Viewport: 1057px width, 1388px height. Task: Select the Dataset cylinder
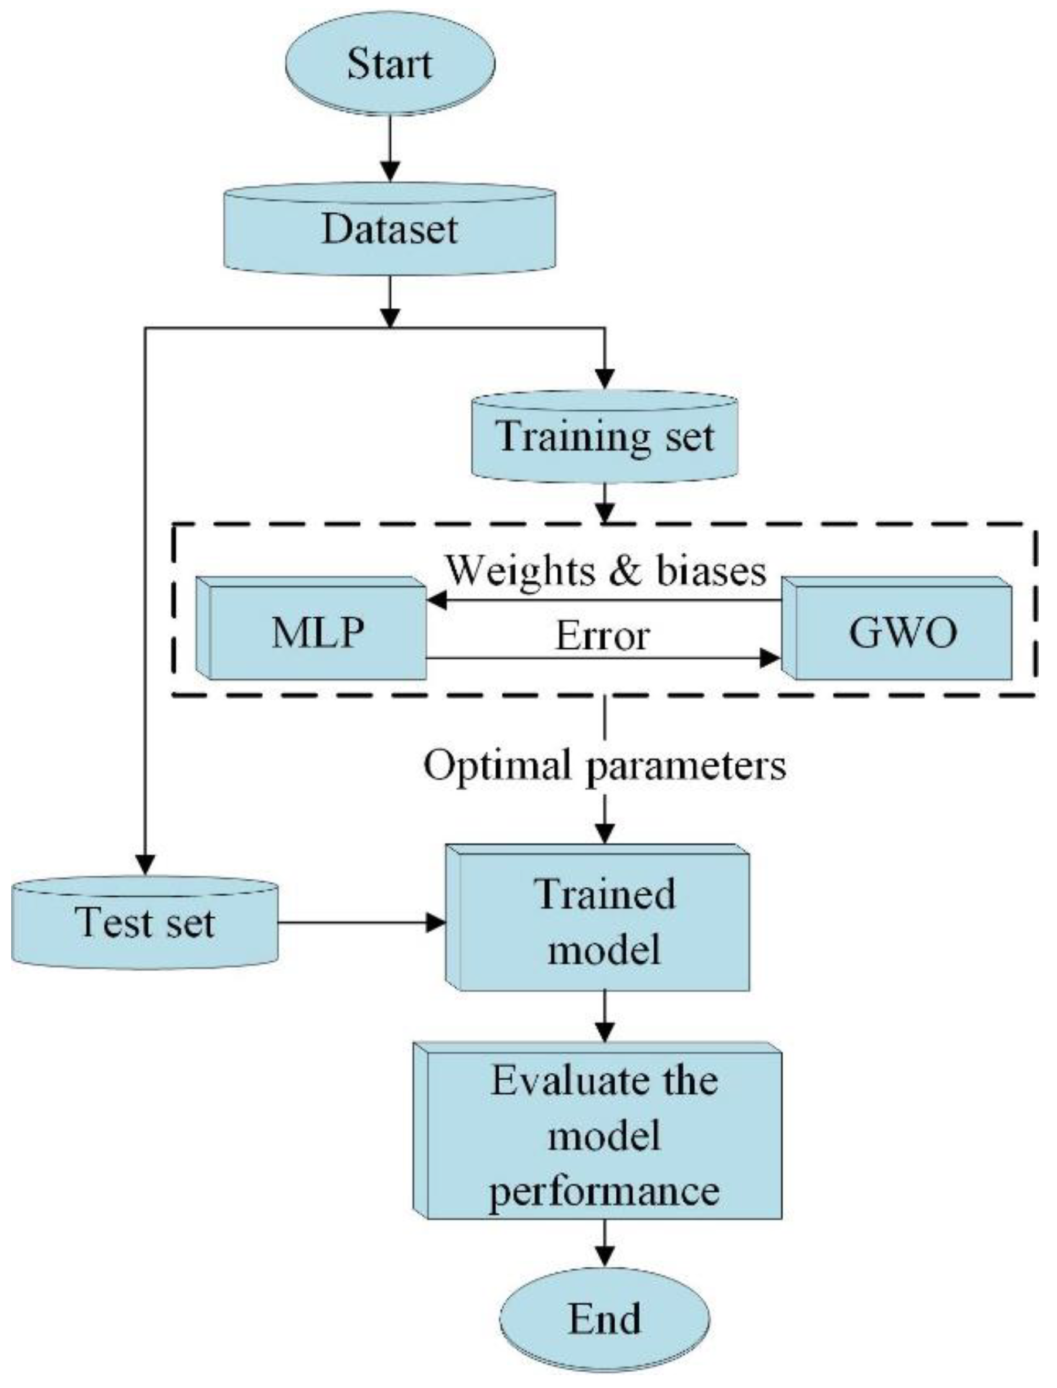(390, 230)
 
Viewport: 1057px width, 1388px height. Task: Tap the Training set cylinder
(605, 437)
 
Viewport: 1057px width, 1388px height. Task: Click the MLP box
(318, 632)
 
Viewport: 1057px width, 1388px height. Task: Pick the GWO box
(903, 632)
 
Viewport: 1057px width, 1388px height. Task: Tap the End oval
(605, 1318)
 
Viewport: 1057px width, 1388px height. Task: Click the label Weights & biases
(606, 571)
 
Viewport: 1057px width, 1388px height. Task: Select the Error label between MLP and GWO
(602, 637)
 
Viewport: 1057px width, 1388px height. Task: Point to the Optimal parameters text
(605, 766)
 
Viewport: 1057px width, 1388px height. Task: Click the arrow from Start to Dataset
(391, 148)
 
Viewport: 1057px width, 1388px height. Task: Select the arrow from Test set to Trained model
(362, 923)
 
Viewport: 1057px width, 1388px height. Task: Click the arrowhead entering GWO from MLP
(770, 658)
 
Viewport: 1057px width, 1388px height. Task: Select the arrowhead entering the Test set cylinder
(145, 866)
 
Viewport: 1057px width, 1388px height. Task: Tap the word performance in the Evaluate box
(604, 1192)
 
